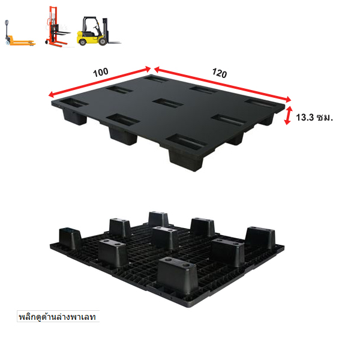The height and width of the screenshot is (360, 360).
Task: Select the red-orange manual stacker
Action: (x=56, y=27)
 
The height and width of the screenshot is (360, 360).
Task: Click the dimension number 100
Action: (x=101, y=73)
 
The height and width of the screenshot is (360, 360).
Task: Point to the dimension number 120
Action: (x=220, y=73)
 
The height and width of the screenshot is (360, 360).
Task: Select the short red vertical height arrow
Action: (x=287, y=115)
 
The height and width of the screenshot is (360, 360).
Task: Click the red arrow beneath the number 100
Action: (x=100, y=82)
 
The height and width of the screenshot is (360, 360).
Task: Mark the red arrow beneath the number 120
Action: (x=223, y=84)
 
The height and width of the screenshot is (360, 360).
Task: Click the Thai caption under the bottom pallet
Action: (x=58, y=317)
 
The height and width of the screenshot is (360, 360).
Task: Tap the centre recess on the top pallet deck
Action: (x=168, y=103)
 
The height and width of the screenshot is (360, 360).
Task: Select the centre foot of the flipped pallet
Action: (x=166, y=238)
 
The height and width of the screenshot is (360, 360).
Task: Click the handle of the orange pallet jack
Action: (x=7, y=25)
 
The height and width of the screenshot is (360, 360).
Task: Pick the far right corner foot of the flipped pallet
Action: (x=260, y=239)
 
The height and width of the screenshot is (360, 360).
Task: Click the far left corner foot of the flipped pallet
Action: (x=70, y=238)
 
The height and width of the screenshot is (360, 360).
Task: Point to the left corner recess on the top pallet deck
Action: (x=74, y=103)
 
